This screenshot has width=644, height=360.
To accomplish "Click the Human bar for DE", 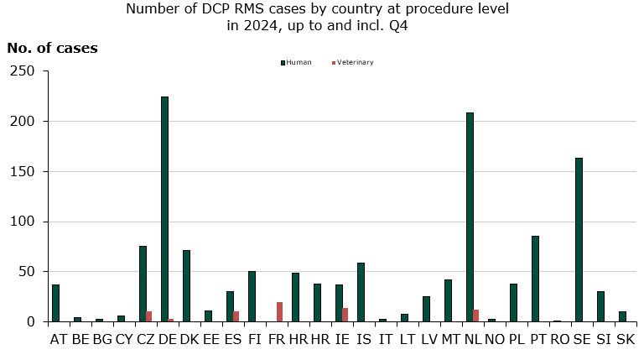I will [164, 209].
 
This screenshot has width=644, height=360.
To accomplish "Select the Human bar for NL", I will [470, 217].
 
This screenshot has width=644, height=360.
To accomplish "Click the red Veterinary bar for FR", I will [279, 312].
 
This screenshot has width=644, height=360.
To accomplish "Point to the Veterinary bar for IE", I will [345, 315].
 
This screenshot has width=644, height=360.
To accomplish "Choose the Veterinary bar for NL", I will [475, 316].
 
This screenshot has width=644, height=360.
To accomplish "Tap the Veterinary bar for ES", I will [236, 316].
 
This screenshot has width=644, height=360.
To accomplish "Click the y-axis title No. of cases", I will [52, 48].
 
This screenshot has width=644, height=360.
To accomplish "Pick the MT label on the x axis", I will [451, 339].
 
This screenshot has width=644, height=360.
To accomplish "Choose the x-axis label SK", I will [626, 339].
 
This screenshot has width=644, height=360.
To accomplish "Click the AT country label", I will [59, 339].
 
